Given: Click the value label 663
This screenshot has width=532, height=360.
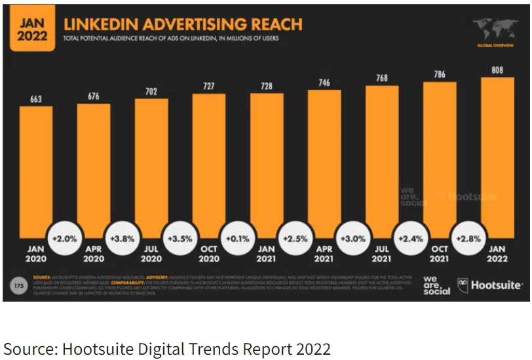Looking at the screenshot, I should pyautogui.click(x=35, y=100).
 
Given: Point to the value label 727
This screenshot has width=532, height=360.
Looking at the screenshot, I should pyautogui.click(x=208, y=87).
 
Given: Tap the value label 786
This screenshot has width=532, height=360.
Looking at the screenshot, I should pyautogui.click(x=439, y=75).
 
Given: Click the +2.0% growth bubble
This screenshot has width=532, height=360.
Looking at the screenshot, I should pyautogui.click(x=64, y=239).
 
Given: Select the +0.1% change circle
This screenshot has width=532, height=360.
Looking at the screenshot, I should pyautogui.click(x=237, y=239).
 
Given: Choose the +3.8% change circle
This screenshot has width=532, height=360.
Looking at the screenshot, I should pyautogui.click(x=122, y=239).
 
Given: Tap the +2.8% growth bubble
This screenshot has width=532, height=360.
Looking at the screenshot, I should pyautogui.click(x=468, y=239).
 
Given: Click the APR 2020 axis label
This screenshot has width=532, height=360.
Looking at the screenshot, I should pyautogui.click(x=93, y=254).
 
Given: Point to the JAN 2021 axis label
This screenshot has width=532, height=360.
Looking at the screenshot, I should pyautogui.click(x=266, y=254).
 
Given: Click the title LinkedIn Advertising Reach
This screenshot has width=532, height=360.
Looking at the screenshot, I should pyautogui.click(x=183, y=25).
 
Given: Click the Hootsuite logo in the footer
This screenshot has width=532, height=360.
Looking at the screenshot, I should pyautogui.click(x=490, y=285).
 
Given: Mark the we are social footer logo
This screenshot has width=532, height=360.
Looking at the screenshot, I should pyautogui.click(x=436, y=285).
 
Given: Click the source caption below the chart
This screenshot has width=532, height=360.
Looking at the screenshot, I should pyautogui.click(x=168, y=348).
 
